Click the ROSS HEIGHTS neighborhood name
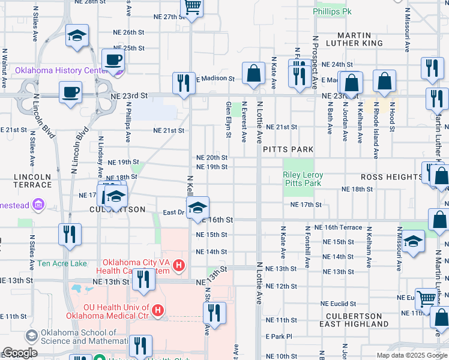tap(392, 177)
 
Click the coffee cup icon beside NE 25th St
tap(112, 60)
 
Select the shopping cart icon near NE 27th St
tap(192, 7)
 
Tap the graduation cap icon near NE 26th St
tap(77, 36)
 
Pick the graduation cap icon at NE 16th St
tap(197, 208)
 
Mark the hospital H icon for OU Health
tap(157, 310)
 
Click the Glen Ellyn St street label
tap(228, 118)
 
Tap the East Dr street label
tap(173, 212)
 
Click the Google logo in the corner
tap(20, 353)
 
